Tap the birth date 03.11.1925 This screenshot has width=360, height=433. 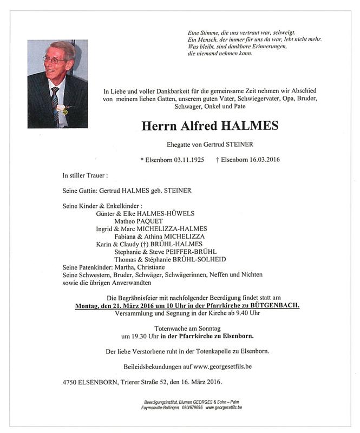(x=185, y=160)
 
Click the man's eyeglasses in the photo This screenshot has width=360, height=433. (x=55, y=59)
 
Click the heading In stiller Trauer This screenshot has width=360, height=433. (x=85, y=175)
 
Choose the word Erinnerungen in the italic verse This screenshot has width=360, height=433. (x=265, y=48)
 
